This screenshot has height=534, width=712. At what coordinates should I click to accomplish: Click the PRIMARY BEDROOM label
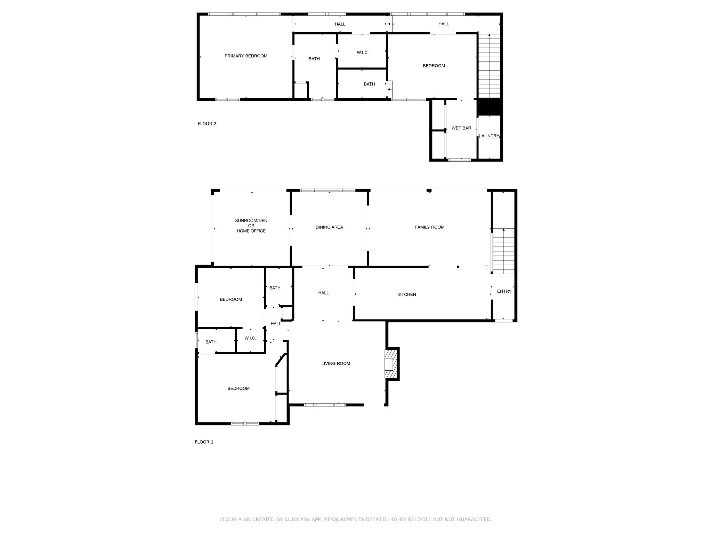246,56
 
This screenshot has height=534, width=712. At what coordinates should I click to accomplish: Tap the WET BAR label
461,128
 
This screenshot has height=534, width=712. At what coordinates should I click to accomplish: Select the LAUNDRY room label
489,136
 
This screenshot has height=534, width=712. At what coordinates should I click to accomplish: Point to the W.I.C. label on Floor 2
363,52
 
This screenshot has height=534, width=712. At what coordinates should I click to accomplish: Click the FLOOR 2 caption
207,123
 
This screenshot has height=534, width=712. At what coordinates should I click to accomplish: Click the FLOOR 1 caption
204,442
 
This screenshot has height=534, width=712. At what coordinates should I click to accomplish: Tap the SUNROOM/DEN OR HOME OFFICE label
251,226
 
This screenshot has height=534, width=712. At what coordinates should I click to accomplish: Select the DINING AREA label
329,227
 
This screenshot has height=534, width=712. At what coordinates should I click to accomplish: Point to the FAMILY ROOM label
430,227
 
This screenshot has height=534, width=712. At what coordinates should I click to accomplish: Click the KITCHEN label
406,294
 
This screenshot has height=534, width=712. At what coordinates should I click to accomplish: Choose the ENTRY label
504,291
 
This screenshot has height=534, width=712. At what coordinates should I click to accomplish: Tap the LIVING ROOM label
335,364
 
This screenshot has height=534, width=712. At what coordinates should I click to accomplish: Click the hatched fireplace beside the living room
391,364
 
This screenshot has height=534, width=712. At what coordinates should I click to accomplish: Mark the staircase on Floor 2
489,66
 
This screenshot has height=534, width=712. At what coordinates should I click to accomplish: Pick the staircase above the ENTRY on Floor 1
503,251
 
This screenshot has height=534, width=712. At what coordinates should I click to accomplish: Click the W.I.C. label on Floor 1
250,338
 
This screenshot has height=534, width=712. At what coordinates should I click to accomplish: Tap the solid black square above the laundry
489,107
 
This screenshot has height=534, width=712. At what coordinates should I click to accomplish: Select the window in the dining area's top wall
328,190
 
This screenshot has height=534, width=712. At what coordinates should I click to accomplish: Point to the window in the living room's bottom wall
325,405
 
